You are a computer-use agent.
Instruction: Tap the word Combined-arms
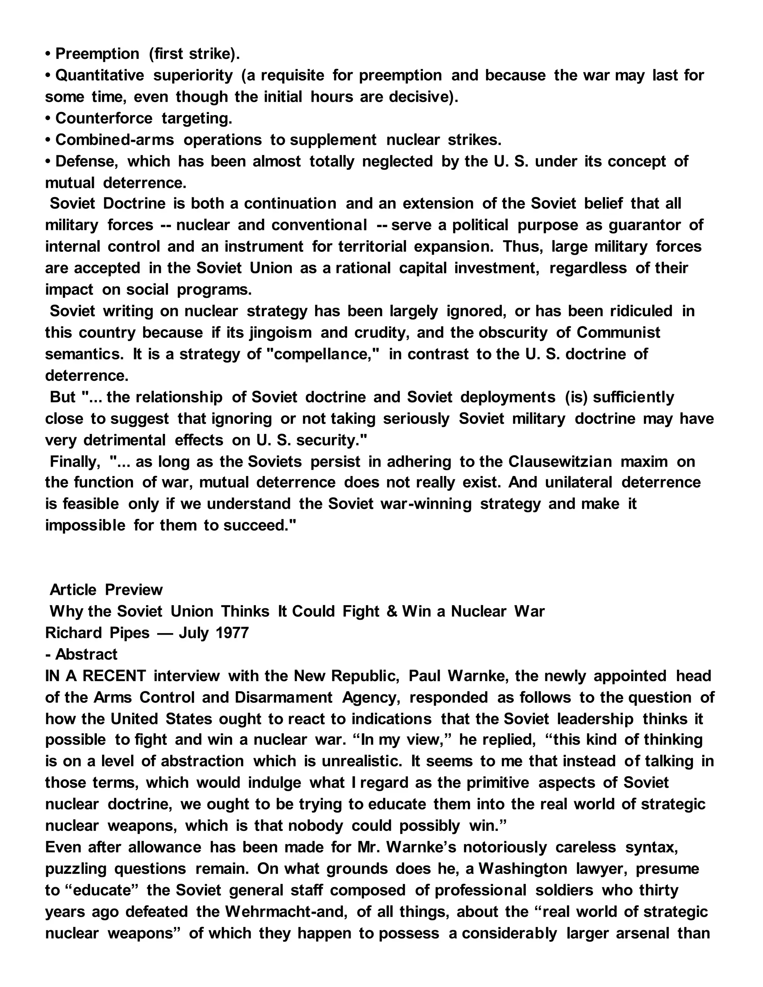click(x=114, y=140)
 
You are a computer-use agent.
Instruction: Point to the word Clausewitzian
click(x=560, y=461)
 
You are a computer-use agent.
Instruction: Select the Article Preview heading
click(x=106, y=590)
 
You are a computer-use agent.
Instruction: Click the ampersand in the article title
click(x=392, y=612)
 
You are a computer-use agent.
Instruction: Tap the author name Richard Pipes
click(x=97, y=633)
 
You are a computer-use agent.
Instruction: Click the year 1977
click(x=232, y=633)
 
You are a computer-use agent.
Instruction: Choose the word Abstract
click(x=86, y=654)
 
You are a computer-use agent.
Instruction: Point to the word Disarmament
click(x=284, y=697)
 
